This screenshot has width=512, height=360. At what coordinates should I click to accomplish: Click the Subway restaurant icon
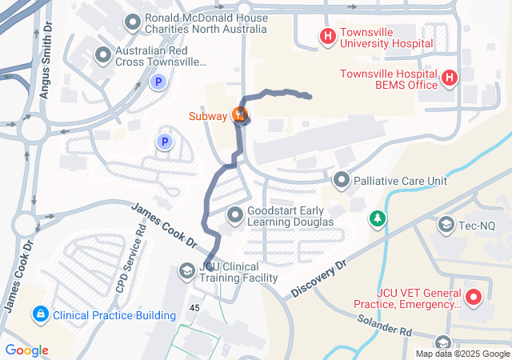coord(239,114)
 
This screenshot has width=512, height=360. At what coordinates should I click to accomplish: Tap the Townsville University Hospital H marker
coord(327,36)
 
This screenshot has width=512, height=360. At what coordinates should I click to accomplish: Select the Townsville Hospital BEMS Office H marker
coord(450,78)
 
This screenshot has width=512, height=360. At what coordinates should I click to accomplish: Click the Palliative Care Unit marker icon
coord(342,180)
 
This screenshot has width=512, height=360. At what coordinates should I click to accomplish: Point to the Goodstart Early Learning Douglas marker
coord(235,214)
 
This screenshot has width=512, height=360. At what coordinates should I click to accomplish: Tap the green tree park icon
coord(377,218)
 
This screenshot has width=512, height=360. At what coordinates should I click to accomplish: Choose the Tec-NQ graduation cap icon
coord(446,226)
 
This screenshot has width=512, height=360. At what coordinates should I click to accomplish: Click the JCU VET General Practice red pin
coord(473,298)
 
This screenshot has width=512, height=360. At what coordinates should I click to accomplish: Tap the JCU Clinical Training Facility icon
coord(186,271)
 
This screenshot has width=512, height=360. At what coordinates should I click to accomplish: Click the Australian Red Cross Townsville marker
coord(103,54)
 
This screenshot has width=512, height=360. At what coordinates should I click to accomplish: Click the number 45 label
coord(194,308)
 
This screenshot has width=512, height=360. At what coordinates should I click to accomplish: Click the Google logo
coord(26,350)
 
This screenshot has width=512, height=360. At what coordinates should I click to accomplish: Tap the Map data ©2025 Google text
coord(462,354)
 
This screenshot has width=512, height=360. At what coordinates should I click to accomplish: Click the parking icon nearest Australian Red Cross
coord(158,81)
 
